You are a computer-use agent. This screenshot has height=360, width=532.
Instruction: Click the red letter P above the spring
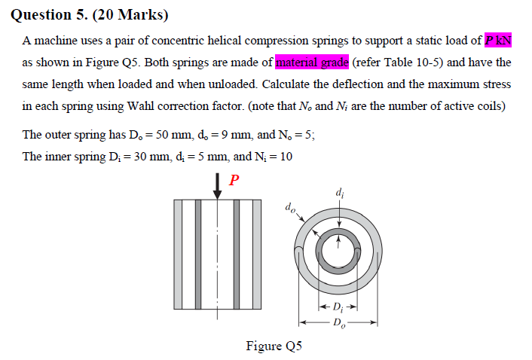click(234, 180)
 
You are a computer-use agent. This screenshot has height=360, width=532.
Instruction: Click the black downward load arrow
click(217, 186)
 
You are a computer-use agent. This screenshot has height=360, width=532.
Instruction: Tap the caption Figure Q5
click(274, 346)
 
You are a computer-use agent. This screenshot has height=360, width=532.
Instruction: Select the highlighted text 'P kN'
click(498, 41)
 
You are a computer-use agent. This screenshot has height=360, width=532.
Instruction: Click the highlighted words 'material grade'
click(312, 63)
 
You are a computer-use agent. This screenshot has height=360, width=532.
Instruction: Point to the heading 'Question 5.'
click(49, 14)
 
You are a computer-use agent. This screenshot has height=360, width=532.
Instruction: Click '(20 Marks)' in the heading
click(130, 14)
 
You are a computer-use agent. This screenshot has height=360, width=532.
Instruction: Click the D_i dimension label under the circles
click(338, 307)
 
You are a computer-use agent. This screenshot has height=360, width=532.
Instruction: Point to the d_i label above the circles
click(340, 193)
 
